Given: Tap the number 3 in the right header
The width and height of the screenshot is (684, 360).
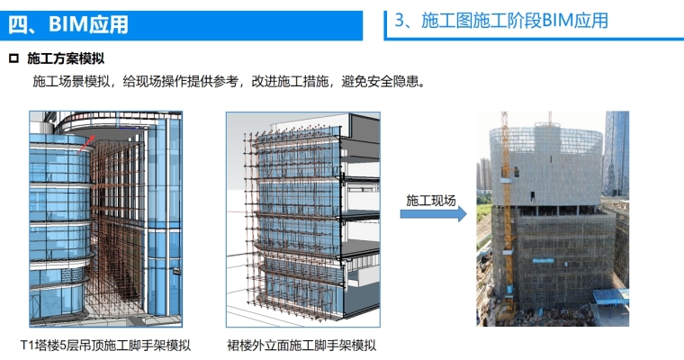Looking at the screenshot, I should [x=400, y=20].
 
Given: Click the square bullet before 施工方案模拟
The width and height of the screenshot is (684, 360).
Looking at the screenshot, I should [x=13, y=59].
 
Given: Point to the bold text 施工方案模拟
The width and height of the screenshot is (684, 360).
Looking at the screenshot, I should [x=63, y=59].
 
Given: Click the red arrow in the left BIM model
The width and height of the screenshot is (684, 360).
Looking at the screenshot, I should [x=82, y=142].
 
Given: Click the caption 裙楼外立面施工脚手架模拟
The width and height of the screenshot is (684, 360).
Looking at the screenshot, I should [x=301, y=345].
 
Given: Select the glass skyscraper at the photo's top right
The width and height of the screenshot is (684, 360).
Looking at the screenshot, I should [x=616, y=153].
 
